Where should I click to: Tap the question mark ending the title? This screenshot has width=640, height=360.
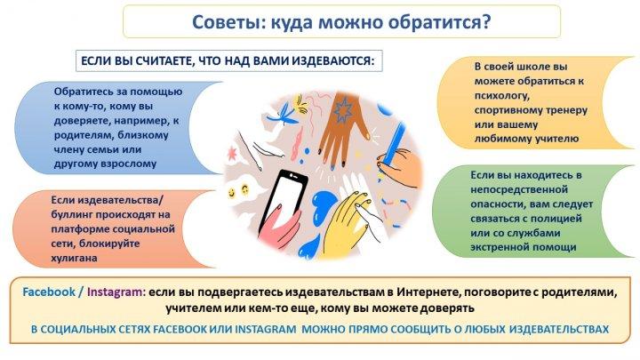pyautogui.click(x=485, y=21)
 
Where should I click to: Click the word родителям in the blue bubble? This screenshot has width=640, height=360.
pyautogui.click(x=79, y=135)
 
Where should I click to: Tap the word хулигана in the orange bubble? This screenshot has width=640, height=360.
pyautogui.click(x=75, y=258)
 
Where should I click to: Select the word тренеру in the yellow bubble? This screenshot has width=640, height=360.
pyautogui.click(x=565, y=110)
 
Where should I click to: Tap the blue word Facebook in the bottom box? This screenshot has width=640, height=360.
pyautogui.click(x=49, y=292)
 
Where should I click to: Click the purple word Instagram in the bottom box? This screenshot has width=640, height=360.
pyautogui.click(x=116, y=292)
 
